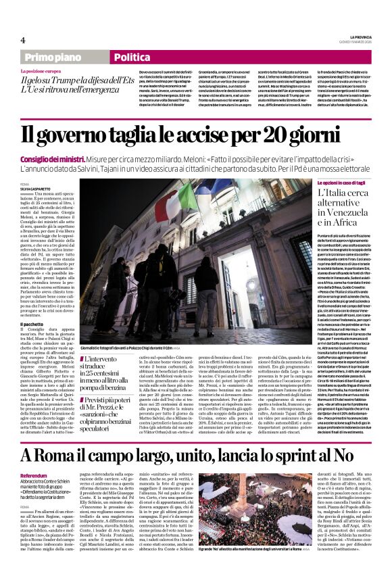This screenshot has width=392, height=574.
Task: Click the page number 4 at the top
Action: point(23,40)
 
